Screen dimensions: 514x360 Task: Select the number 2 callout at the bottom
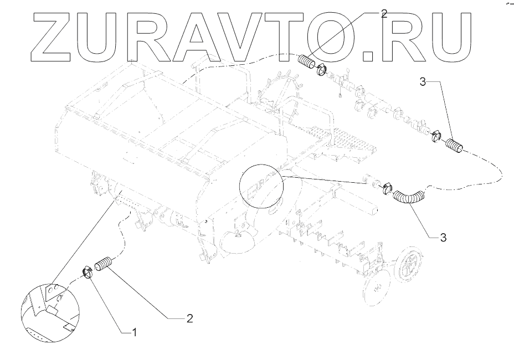[x=189, y=318]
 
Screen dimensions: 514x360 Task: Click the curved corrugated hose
[x=409, y=197]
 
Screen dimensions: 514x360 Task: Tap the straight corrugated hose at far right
[x=454, y=146]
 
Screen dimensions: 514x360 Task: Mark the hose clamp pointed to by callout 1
[x=87, y=271]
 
